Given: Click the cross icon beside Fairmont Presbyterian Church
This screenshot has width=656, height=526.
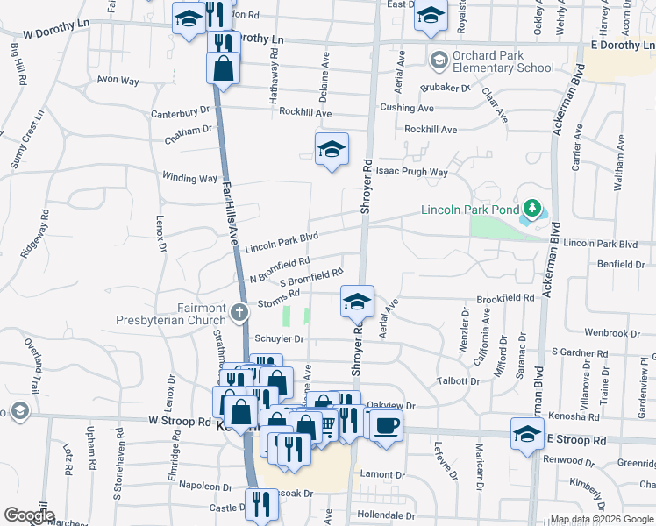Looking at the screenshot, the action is click(238, 311).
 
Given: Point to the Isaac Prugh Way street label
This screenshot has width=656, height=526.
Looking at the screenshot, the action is click(412, 173).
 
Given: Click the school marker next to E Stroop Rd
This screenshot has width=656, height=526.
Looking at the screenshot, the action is click(527, 434).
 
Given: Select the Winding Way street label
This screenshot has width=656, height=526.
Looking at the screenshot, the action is click(189, 178).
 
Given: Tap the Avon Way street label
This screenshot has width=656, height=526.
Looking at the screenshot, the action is click(118, 80).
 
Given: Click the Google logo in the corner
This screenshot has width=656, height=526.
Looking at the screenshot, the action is click(28, 515).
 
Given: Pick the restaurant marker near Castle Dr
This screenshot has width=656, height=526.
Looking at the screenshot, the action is click(261, 502).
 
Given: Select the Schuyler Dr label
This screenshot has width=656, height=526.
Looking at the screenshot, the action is click(279, 338).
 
